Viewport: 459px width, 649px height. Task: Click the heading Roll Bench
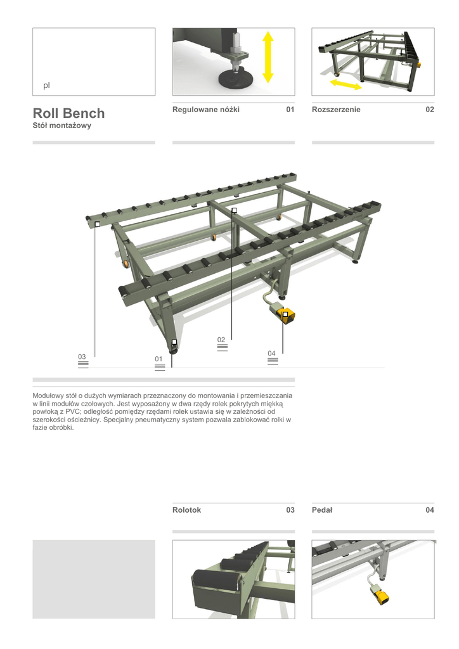pos(68,113)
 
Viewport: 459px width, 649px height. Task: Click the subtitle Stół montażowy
pos(62,126)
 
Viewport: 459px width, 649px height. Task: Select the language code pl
pos(46,85)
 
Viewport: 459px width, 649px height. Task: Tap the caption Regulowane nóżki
pos(206,110)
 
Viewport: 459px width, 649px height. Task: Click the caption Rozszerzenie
pos(336,110)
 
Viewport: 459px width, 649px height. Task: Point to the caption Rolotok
pos(186,510)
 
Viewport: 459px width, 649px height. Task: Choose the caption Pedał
pos(322,510)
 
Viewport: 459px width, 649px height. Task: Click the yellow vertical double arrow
pos(268,57)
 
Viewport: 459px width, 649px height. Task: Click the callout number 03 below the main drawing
pos(82,357)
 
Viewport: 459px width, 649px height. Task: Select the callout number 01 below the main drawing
pos(158,359)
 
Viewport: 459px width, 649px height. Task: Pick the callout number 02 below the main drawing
pos(221,340)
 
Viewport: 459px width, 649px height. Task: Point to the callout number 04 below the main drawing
pos(271,353)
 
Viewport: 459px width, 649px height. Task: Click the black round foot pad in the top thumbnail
pos(236,79)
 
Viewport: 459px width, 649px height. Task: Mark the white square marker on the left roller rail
pos(98,224)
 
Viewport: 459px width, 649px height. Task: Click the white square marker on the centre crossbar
pos(234,210)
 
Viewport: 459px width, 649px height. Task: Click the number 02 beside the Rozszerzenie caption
pos(429,110)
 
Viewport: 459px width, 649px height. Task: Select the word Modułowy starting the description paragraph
pos(48,395)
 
